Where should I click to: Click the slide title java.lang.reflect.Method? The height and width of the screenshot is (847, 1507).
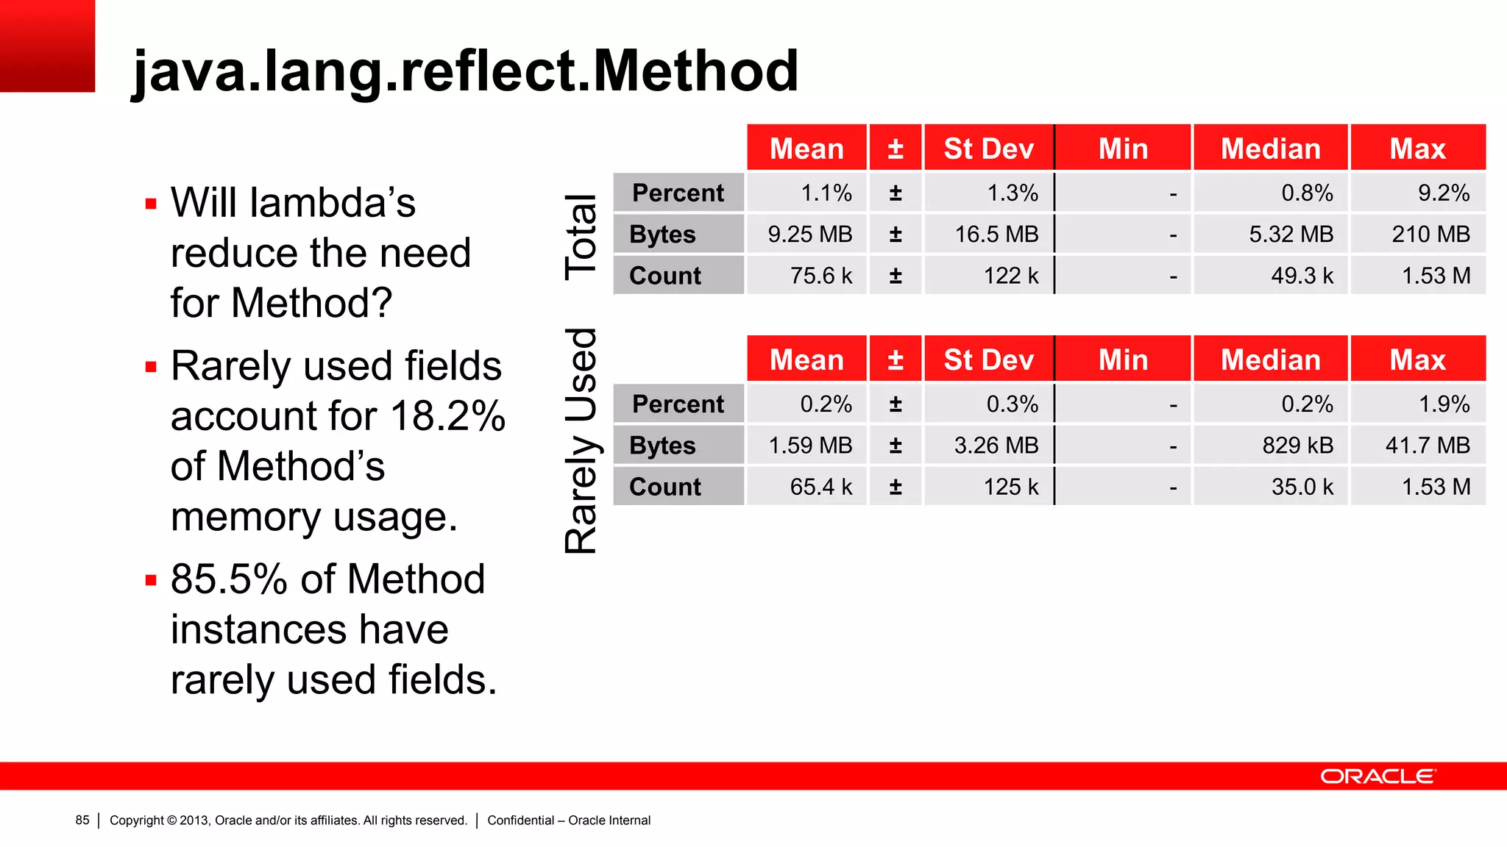click(x=465, y=71)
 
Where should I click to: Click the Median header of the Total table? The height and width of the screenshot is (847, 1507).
click(x=1271, y=149)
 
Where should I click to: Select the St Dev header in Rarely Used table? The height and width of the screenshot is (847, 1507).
click(x=988, y=360)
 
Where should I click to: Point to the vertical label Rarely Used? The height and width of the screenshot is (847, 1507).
click(x=581, y=441)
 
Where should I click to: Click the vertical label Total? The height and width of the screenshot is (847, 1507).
click(x=581, y=237)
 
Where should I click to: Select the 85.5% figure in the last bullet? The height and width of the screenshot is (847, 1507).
click(x=229, y=579)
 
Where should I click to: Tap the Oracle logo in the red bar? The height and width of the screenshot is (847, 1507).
click(x=1377, y=776)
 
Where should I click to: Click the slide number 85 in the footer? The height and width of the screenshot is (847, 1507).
click(x=82, y=821)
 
